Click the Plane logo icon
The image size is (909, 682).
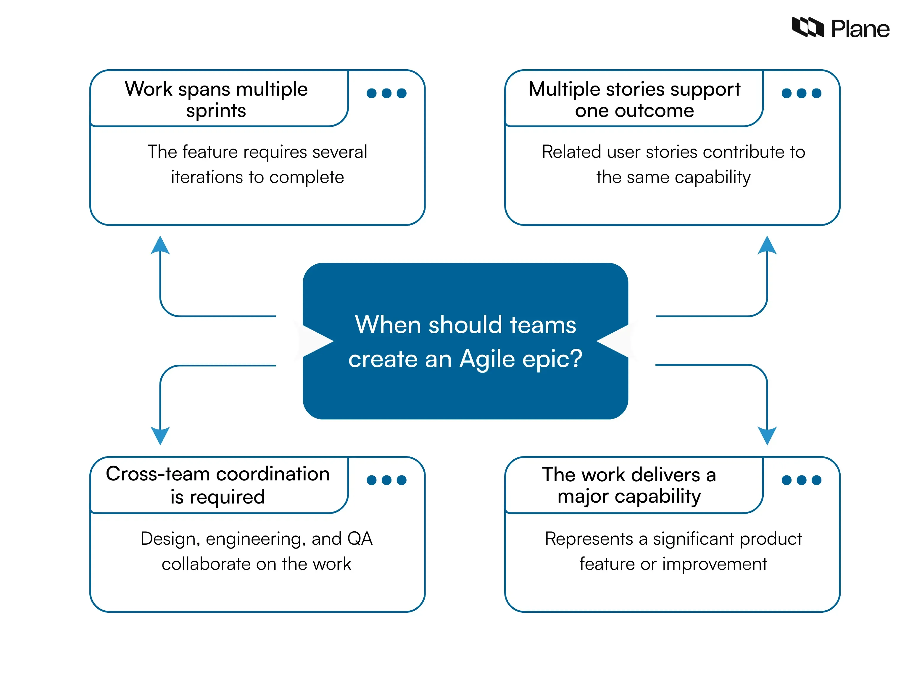point(808,27)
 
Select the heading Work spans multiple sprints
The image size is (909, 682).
point(216,99)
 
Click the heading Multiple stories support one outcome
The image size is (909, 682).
point(634,99)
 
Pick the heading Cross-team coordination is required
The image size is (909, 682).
point(217,485)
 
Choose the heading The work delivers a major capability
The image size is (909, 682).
point(629,485)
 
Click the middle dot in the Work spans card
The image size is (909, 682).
point(386,93)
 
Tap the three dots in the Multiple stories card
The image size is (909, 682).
point(801,93)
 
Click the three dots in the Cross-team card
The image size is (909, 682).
point(386,480)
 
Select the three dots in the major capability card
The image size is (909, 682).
point(801,480)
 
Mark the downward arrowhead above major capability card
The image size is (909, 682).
point(767,435)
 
